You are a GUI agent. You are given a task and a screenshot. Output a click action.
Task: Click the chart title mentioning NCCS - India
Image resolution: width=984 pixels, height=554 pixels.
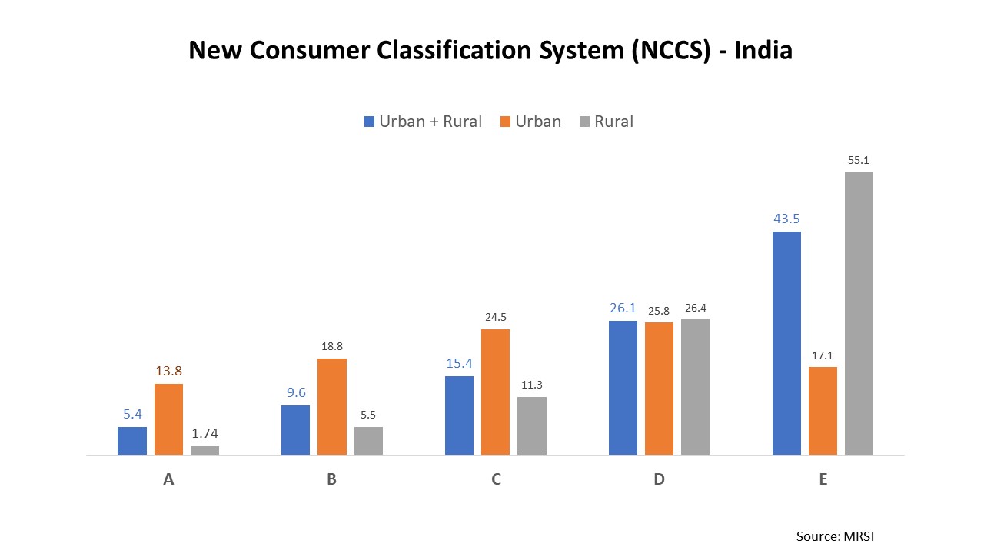(490, 51)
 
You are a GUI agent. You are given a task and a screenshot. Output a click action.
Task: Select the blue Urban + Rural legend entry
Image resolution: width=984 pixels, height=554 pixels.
(423, 122)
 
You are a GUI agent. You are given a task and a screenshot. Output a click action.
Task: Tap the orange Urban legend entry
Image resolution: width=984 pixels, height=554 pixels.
(530, 122)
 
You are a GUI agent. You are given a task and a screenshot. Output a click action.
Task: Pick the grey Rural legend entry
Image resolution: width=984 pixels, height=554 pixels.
(606, 122)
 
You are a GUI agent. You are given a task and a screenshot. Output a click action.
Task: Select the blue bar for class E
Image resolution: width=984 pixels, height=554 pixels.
(786, 343)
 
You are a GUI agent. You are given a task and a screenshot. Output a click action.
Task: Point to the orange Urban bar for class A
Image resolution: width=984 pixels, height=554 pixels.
(168, 419)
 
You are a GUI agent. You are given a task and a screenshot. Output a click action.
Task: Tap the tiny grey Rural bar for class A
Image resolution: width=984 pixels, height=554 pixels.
(204, 451)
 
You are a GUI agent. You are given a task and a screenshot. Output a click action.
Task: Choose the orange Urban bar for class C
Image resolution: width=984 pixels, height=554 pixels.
(495, 392)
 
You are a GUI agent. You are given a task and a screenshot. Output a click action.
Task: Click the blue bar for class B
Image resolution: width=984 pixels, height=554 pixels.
(295, 430)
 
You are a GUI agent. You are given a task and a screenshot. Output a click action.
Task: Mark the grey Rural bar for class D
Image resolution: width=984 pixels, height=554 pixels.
(695, 387)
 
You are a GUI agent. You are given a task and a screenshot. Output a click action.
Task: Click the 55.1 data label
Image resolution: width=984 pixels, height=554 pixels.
(859, 160)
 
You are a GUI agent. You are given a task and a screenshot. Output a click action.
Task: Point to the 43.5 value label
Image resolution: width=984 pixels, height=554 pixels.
(786, 219)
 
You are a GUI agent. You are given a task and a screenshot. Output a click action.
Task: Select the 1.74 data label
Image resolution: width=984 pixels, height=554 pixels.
(204, 434)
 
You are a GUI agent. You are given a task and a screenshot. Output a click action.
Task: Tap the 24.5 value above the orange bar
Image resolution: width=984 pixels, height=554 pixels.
(495, 317)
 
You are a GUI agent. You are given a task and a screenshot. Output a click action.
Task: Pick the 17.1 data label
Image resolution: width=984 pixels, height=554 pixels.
(823, 355)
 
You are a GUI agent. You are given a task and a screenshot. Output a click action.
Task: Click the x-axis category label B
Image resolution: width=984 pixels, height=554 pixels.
(331, 479)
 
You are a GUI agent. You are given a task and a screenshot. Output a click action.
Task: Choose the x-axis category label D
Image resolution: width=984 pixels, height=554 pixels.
(659, 479)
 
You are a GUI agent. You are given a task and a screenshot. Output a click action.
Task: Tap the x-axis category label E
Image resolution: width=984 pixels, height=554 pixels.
(823, 479)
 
